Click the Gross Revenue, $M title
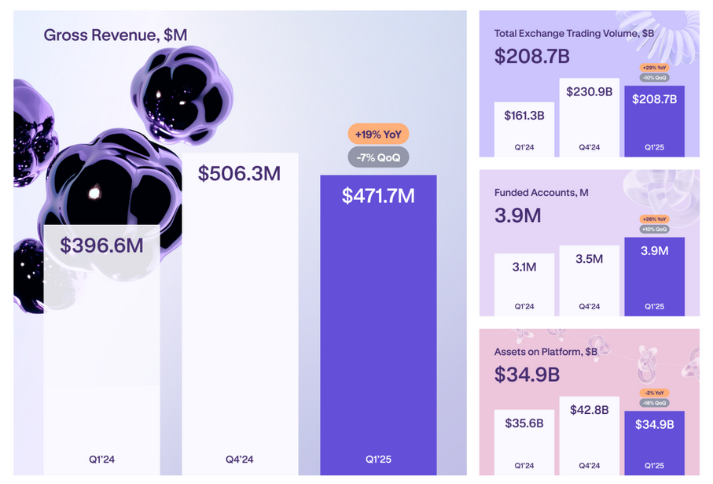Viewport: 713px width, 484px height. click(x=116, y=35)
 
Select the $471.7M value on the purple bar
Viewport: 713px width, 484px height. click(x=378, y=195)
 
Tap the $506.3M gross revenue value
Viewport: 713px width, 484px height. click(x=239, y=173)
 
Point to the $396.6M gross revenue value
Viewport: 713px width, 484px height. click(x=101, y=245)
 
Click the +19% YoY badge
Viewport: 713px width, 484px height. click(x=378, y=134)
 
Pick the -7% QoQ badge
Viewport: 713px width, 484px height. click(x=378, y=157)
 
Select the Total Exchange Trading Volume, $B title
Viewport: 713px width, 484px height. click(x=574, y=34)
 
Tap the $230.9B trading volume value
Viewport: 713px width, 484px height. click(x=589, y=92)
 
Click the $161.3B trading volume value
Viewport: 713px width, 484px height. click(x=524, y=116)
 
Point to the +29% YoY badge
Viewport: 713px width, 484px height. click(x=654, y=68)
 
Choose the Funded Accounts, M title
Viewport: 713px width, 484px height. click(x=542, y=192)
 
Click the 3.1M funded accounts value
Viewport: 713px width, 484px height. click(x=524, y=268)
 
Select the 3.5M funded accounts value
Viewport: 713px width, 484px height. click(x=589, y=259)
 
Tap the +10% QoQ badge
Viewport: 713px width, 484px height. click(x=654, y=229)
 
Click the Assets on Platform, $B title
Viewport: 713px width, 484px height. click(x=546, y=352)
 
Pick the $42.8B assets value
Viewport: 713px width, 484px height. click(x=589, y=410)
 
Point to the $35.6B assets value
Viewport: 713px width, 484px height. click(x=524, y=423)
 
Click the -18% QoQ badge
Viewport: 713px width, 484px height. click(x=654, y=403)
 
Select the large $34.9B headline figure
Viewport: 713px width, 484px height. click(x=527, y=375)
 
